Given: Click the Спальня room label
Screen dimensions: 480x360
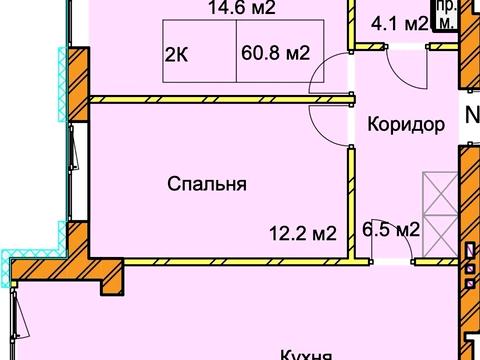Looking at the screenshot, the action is click(x=207, y=184).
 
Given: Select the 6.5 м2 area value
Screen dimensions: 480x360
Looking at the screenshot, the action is click(x=391, y=230).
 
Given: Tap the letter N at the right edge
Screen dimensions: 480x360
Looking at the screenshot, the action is click(x=471, y=116).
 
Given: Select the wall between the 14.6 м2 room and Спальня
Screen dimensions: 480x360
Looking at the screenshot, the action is click(x=220, y=99).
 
